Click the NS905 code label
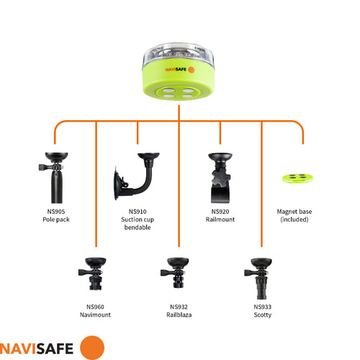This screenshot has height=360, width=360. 55,212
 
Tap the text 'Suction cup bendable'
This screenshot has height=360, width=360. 137,223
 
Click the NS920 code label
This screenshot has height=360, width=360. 220,212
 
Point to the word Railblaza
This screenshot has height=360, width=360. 179,315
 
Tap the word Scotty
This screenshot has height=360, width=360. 262,315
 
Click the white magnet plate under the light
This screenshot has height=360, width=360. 180,94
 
